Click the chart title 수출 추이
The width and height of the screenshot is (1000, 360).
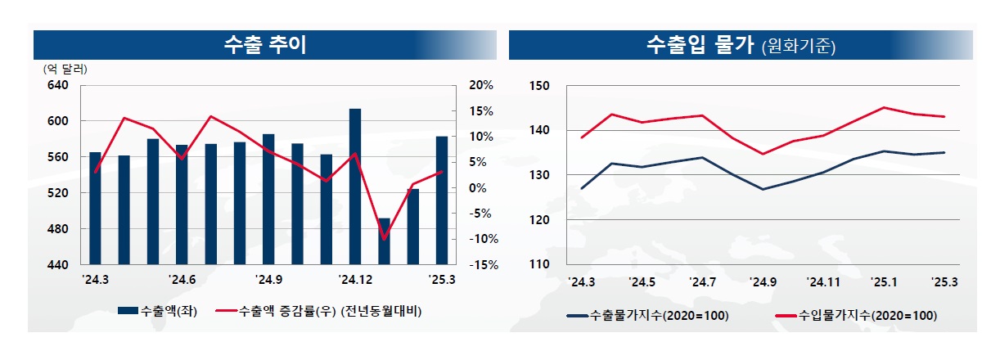click(264, 45)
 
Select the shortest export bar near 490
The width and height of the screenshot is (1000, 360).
click(384, 241)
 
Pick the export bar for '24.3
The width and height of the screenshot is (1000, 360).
click(95, 209)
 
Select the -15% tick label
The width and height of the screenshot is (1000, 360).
click(483, 265)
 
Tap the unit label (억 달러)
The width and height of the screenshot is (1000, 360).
click(65, 69)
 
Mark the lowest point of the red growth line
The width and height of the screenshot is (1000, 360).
click(384, 239)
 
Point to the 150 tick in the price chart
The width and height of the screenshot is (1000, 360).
click(540, 85)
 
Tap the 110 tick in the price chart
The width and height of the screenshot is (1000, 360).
click(540, 265)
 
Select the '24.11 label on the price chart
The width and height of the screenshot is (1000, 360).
click(824, 282)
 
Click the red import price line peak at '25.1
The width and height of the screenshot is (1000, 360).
click(884, 107)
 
